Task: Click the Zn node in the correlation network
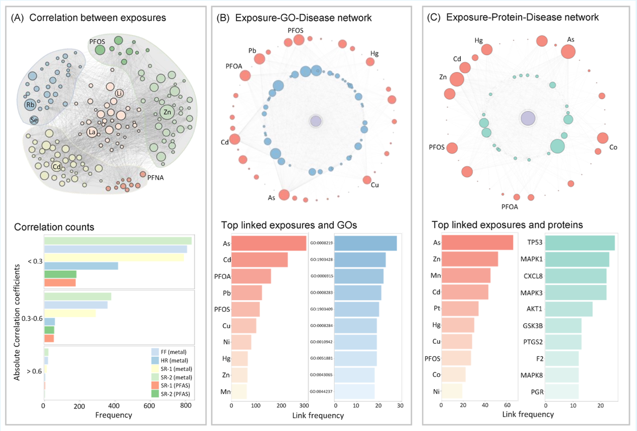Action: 166,113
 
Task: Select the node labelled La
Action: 91,132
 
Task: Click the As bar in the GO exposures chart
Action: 269,244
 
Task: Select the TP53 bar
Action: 580,243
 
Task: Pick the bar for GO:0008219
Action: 365,244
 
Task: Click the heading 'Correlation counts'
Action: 54,227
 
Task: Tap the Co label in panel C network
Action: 612,148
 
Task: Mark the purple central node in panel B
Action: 315,121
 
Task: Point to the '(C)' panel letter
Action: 433,18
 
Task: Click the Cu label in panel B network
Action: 374,185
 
